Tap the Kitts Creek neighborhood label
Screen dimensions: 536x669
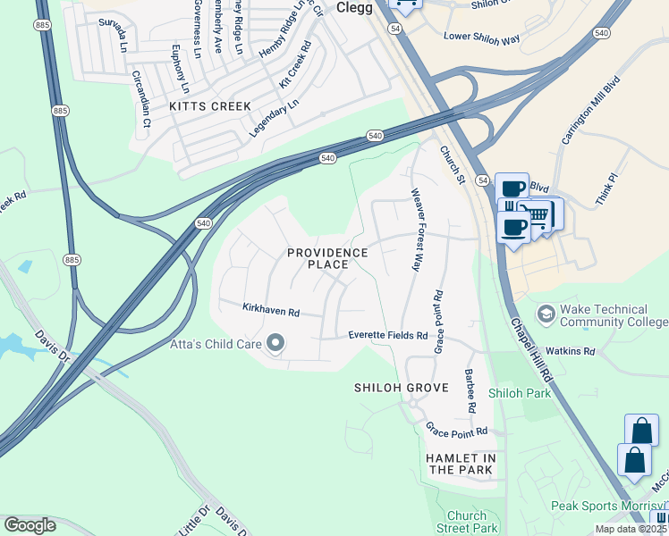tap(210, 106)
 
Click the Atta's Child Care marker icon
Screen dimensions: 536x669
tap(275, 343)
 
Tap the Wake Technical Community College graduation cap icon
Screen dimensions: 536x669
tap(546, 314)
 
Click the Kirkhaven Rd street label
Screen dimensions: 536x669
tap(270, 310)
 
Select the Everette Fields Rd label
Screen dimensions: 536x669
tap(387, 335)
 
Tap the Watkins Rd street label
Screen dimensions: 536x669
tap(571, 351)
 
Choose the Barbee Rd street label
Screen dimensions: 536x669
tap(469, 390)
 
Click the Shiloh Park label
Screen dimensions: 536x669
tap(520, 392)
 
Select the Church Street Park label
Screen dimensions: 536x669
tap(466, 523)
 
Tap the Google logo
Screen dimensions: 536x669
tap(30, 524)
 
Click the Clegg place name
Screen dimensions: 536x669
tap(355, 7)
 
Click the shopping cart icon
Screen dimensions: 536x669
tap(537, 214)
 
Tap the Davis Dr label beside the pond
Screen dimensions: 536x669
tap(53, 346)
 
